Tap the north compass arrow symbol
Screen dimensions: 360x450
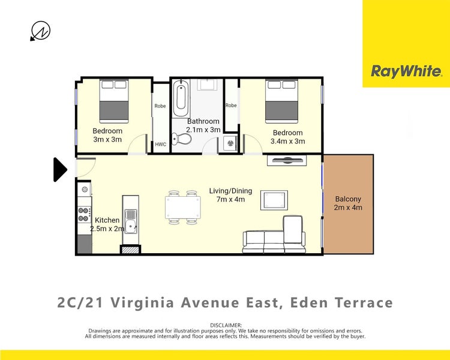40,31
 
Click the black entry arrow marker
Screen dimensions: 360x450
60,170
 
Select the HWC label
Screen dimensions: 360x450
160,145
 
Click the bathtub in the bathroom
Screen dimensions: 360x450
181,100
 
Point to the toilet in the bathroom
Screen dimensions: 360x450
182,140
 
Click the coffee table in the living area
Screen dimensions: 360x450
274,199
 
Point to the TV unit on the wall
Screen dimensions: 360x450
287,160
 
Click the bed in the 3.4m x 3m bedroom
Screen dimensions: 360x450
282,101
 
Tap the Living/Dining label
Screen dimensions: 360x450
230,191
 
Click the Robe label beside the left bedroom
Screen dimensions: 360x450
160,106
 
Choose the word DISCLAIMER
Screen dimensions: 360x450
225,325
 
